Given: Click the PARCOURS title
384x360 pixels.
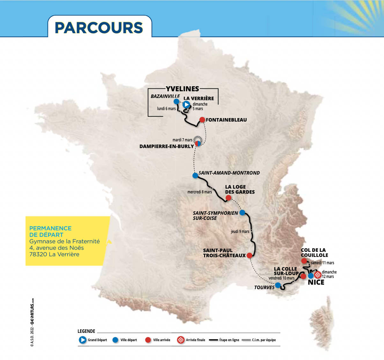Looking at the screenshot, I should pos(99,28).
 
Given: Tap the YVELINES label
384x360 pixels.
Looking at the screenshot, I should pos(182,89).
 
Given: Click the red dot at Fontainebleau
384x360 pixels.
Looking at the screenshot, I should pos(202,120).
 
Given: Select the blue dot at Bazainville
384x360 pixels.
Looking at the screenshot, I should pos(176,101).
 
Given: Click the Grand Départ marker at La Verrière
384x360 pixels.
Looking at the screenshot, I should pos(186,104).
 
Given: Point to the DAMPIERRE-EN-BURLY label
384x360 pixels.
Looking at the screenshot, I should pos(166,146).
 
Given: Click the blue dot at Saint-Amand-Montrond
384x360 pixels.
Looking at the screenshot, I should pos(195,175).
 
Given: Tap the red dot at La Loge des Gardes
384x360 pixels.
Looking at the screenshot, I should pos(228,198).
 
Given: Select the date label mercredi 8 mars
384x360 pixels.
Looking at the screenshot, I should pos(200,192).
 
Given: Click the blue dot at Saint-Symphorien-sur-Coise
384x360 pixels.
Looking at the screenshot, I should pos(242,212).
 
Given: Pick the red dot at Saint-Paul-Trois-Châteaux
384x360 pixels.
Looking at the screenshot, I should pos(249,255).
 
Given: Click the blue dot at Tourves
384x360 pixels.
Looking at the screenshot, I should pos(278,285).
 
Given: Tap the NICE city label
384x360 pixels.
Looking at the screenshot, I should pos(316,282).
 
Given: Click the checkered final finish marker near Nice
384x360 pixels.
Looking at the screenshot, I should pos(318,274).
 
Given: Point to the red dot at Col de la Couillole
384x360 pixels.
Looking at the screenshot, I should pos(304,261).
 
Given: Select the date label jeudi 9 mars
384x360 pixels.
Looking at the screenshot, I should pos(240,231).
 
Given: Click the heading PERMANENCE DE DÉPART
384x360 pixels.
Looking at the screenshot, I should pos(50,231).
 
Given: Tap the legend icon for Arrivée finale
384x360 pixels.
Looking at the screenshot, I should pos(181,340).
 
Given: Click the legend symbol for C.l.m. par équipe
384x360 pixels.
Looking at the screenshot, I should pos(246,340).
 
